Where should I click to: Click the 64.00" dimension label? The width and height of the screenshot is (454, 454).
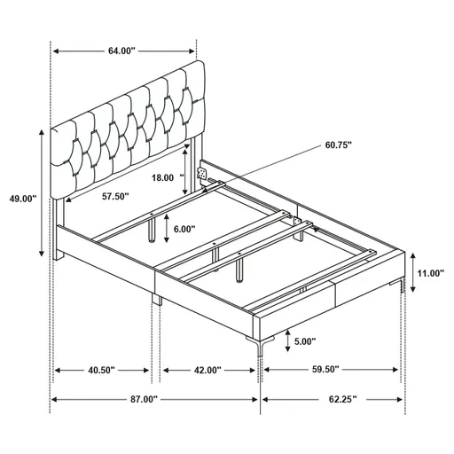coord(121,51)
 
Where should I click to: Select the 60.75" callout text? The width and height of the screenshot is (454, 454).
coord(339,145)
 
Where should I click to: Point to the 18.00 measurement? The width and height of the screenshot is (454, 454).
coord(162,177)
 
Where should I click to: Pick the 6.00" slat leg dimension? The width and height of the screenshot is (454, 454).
coord(185,229)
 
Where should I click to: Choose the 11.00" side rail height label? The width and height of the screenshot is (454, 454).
coord(431,273)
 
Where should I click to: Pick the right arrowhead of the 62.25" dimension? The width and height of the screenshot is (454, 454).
coord(401,400)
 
